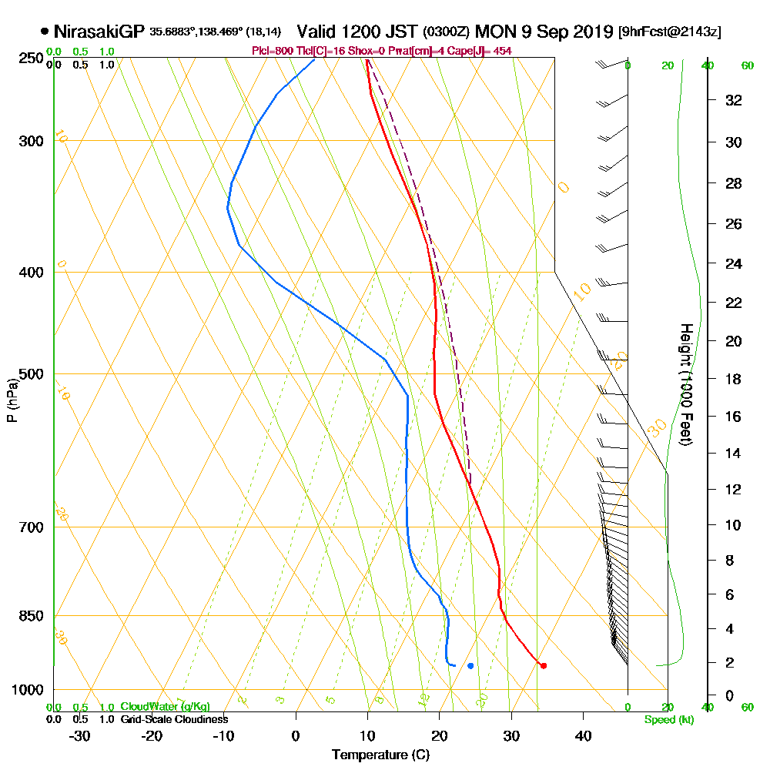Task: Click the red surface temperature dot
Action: click(544, 665)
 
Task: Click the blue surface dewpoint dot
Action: click(470, 665)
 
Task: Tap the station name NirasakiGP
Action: click(99, 32)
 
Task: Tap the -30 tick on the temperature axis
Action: click(80, 736)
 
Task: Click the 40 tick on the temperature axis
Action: click(584, 736)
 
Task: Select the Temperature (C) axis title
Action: click(380, 755)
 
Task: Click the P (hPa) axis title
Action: click(12, 400)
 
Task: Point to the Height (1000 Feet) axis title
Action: click(686, 384)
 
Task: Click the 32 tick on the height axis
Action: click(734, 100)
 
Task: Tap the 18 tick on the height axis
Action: click(734, 379)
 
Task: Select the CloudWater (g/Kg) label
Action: click(164, 707)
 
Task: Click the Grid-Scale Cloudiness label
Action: click(173, 719)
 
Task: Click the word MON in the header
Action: click(494, 32)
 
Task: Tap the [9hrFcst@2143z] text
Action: click(669, 32)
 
